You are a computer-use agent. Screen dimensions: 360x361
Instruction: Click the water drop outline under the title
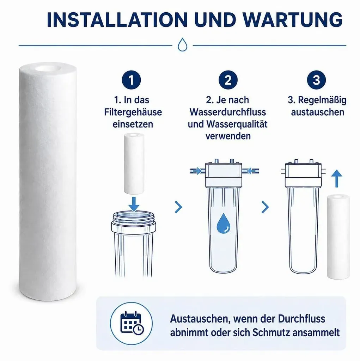pyautogui.click(x=182, y=44)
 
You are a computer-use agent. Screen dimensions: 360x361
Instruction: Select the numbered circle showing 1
pyautogui.click(x=131, y=80)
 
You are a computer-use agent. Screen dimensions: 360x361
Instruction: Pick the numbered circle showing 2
pyautogui.click(x=228, y=80)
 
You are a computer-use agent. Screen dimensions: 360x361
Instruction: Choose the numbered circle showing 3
pyautogui.click(x=317, y=80)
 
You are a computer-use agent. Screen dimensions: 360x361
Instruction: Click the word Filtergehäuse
pyautogui.click(x=133, y=112)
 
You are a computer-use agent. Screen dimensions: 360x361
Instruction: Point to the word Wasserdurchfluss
pyautogui.click(x=228, y=112)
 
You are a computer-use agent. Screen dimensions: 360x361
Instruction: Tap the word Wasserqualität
pyautogui.click(x=237, y=124)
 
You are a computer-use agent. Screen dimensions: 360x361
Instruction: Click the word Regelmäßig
pyautogui.click(x=322, y=100)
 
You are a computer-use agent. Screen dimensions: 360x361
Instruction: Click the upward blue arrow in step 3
pyautogui.click(x=337, y=178)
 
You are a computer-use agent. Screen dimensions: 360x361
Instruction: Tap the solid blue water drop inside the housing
pyautogui.click(x=223, y=223)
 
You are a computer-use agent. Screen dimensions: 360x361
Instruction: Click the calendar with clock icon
pyautogui.click(x=132, y=323)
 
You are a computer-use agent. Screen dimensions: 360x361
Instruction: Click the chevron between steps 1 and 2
pyautogui.click(x=178, y=207)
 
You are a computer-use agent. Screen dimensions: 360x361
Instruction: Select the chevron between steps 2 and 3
pyautogui.click(x=265, y=207)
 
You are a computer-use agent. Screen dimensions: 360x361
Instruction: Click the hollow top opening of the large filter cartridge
pyautogui.click(x=48, y=69)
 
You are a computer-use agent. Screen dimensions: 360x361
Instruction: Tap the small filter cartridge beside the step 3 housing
pyautogui.click(x=338, y=237)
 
